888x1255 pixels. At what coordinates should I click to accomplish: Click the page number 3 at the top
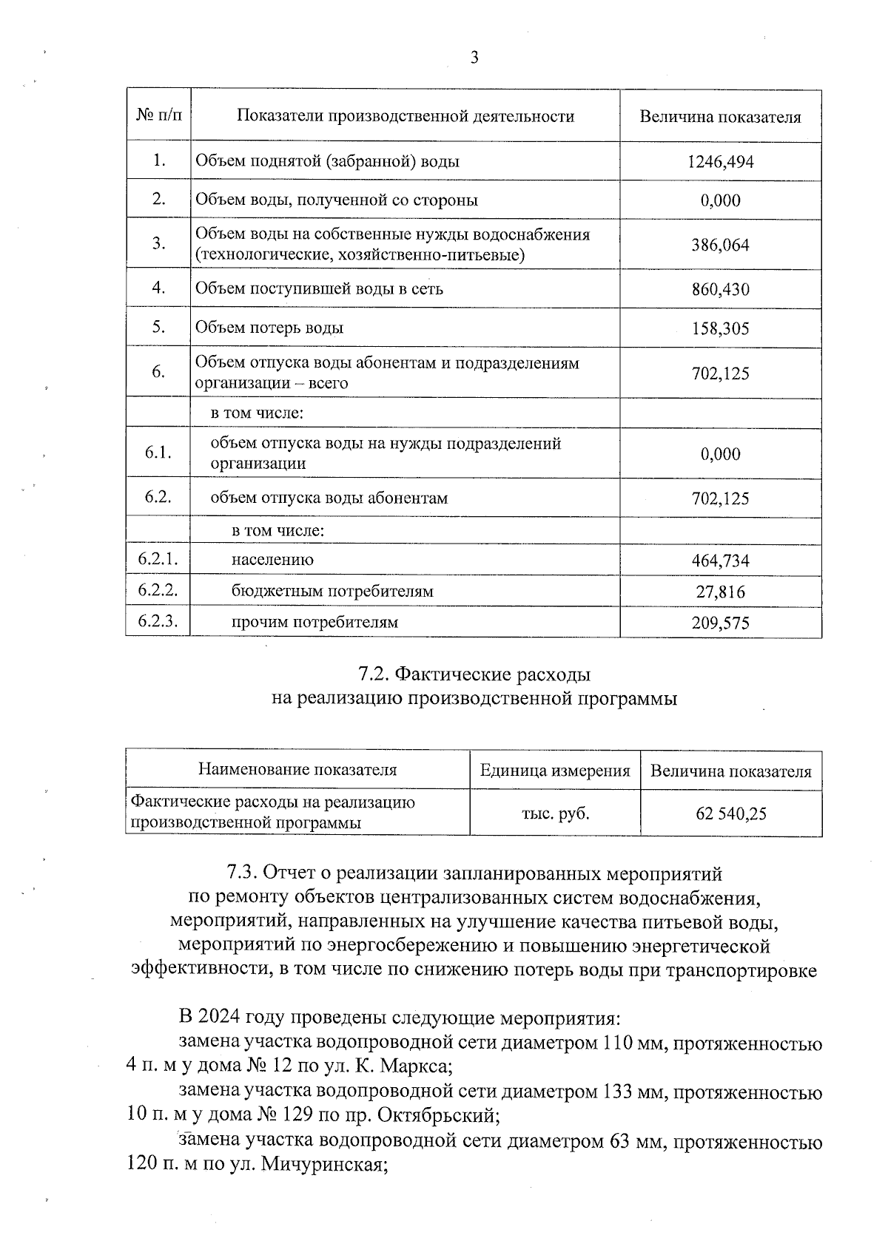(474, 58)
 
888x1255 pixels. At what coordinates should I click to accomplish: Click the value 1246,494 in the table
(720, 162)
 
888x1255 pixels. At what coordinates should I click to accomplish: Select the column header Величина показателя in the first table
(720, 117)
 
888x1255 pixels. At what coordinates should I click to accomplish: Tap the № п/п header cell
(158, 116)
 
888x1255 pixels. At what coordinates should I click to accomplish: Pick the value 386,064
(720, 245)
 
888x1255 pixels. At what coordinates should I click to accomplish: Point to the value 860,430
(720, 289)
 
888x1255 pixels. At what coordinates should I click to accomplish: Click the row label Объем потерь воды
(269, 328)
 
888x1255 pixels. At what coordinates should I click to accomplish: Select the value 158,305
(720, 328)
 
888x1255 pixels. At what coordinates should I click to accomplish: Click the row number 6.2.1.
(158, 560)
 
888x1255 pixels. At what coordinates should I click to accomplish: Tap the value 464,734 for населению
(720, 561)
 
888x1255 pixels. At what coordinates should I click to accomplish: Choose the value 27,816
(720, 592)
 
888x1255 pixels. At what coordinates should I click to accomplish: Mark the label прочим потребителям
(314, 622)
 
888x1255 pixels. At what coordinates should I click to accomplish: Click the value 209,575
(720, 623)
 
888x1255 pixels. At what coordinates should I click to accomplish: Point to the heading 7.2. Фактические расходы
(474, 674)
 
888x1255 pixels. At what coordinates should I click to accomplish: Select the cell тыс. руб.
(556, 813)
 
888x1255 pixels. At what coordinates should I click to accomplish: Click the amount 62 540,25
(730, 814)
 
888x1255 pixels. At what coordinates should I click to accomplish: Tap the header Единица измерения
(555, 771)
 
